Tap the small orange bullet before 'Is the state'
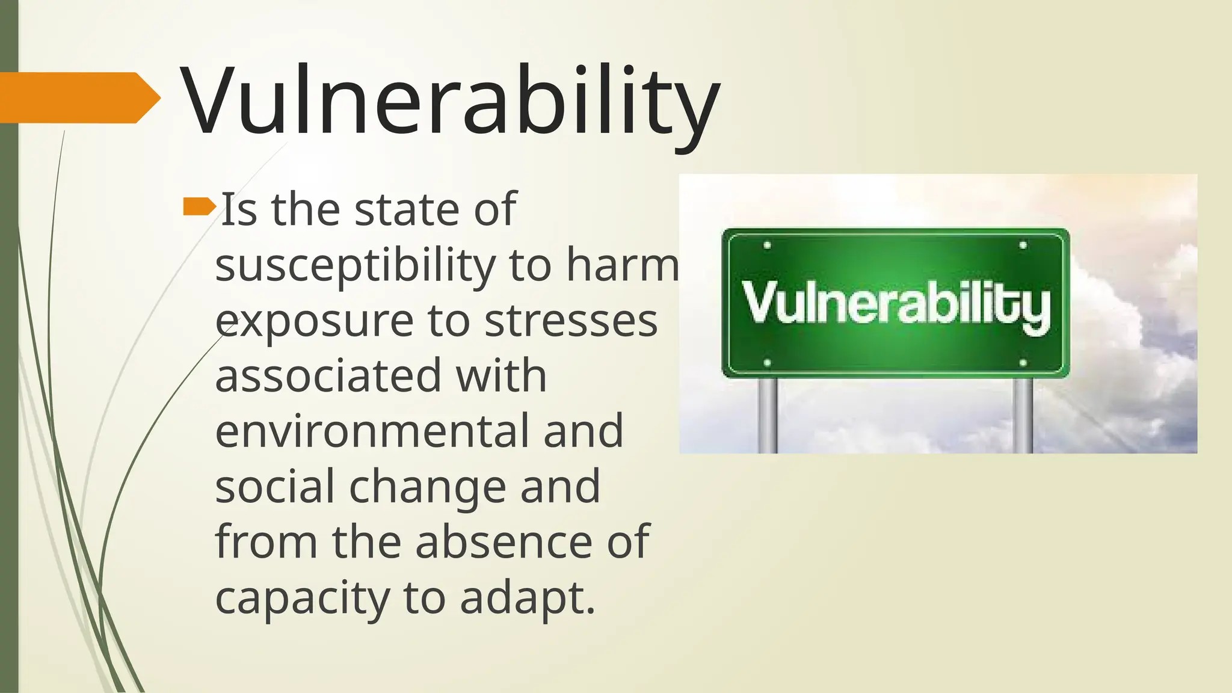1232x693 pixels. pos(199,207)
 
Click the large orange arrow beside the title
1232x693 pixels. pos(78,97)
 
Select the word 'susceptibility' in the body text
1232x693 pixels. pos(355,266)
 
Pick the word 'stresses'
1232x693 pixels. pos(571,321)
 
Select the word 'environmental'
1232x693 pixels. pos(371,431)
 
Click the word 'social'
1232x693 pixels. pos(274,486)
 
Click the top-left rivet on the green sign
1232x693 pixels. pos(767,245)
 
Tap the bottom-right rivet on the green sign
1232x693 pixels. pos(1023,363)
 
